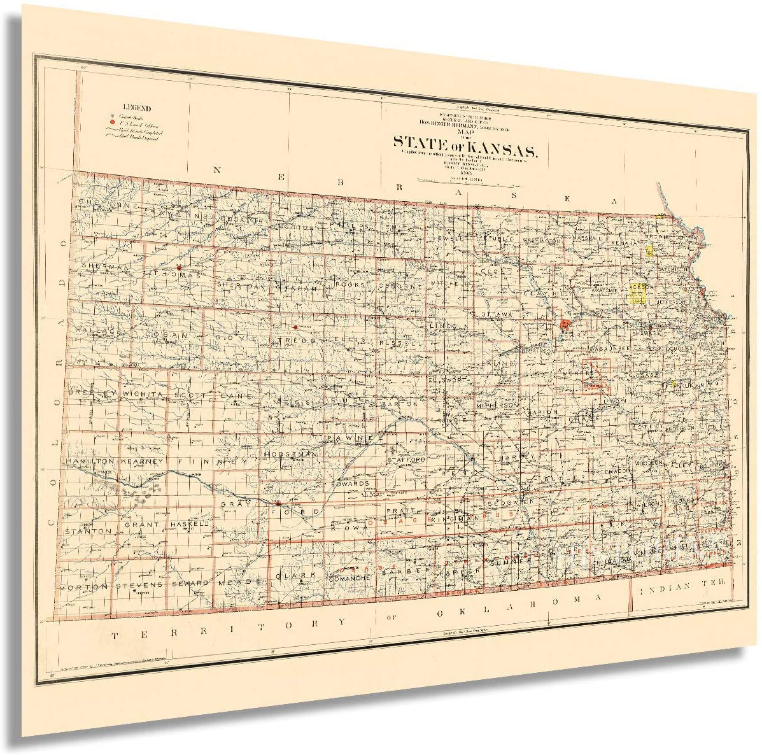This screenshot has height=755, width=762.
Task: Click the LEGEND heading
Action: coord(137,108)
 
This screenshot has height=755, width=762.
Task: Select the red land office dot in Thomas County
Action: coord(180,267)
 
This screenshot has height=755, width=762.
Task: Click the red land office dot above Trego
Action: coord(295,327)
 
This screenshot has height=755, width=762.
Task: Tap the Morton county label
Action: coord(84,586)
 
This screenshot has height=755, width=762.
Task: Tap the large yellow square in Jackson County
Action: coord(638,292)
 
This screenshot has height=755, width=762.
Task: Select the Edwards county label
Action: coord(349,483)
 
